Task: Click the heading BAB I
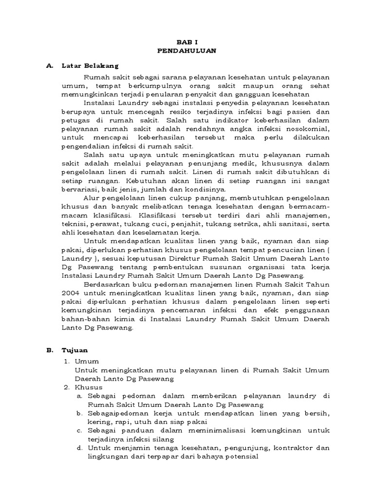187,42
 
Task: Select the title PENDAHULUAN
187,50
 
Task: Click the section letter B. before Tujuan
49,350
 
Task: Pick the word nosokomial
305,129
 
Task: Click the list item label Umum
87,361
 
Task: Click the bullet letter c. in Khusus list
79,431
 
